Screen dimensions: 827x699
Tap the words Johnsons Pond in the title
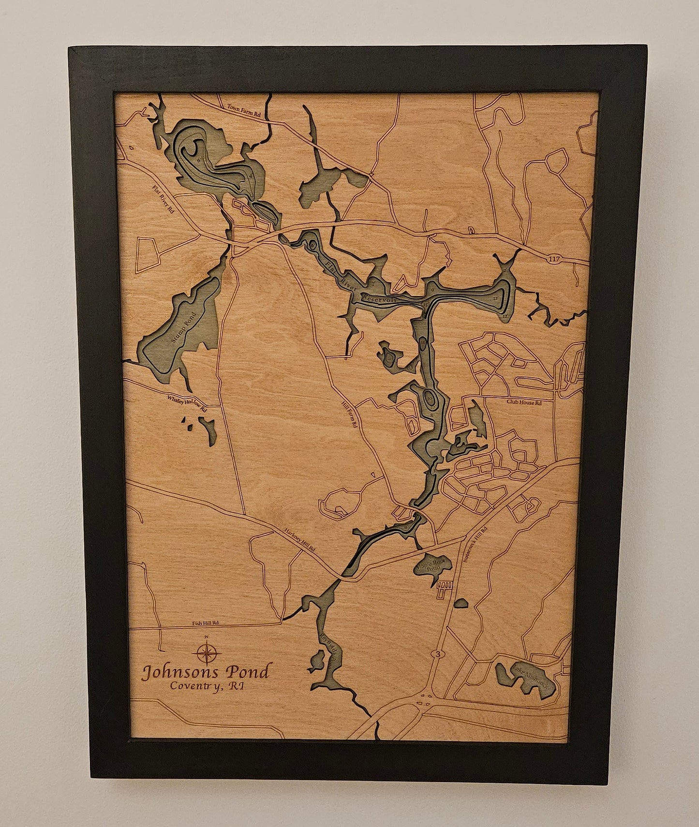pyautogui.click(x=205, y=672)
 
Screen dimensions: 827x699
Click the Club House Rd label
pyautogui.click(x=524, y=402)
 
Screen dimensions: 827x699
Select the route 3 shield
pyautogui.click(x=438, y=654)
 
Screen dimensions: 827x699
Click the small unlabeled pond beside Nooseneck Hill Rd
pyautogui.click(x=461, y=603)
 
